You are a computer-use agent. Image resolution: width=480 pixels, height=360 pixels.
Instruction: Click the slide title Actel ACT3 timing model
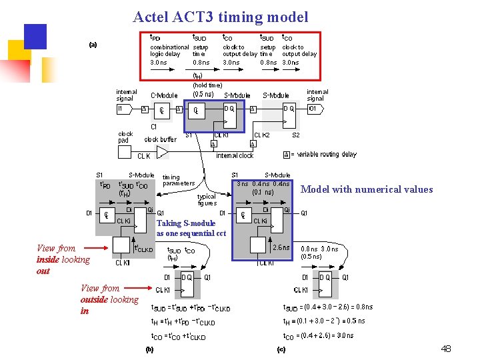[x=220, y=17]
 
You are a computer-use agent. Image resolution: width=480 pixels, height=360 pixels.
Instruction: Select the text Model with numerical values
[x=367, y=189]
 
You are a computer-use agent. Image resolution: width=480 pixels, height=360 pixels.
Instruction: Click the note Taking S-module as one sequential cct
[x=191, y=229]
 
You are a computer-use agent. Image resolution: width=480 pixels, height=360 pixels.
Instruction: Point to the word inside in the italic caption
[x=47, y=259]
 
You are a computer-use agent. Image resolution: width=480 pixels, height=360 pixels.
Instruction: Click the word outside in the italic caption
[x=94, y=299]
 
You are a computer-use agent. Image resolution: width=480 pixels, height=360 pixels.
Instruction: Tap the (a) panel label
[x=93, y=45]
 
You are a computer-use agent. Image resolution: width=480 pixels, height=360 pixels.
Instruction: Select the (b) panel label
[x=150, y=349]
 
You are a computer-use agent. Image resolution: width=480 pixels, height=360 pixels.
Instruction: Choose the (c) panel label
[x=281, y=349]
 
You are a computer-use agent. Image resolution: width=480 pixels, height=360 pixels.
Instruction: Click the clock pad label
[x=125, y=137]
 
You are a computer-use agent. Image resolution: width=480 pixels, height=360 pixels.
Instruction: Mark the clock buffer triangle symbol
[x=161, y=151]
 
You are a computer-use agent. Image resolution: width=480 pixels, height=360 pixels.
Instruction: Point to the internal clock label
[x=235, y=155]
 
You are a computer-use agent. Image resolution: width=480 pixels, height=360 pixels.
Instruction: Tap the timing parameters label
[x=179, y=180]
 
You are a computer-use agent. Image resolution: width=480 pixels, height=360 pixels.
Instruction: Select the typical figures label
[x=207, y=199]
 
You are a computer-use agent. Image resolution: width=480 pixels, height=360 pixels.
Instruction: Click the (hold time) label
[x=207, y=85]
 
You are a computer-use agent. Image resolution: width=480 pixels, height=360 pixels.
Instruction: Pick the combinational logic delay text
[x=169, y=51]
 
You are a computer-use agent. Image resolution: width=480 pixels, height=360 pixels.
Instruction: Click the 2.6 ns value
[x=281, y=247]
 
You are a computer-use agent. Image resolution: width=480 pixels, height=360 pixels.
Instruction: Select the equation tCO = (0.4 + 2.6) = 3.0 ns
[x=318, y=335]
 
